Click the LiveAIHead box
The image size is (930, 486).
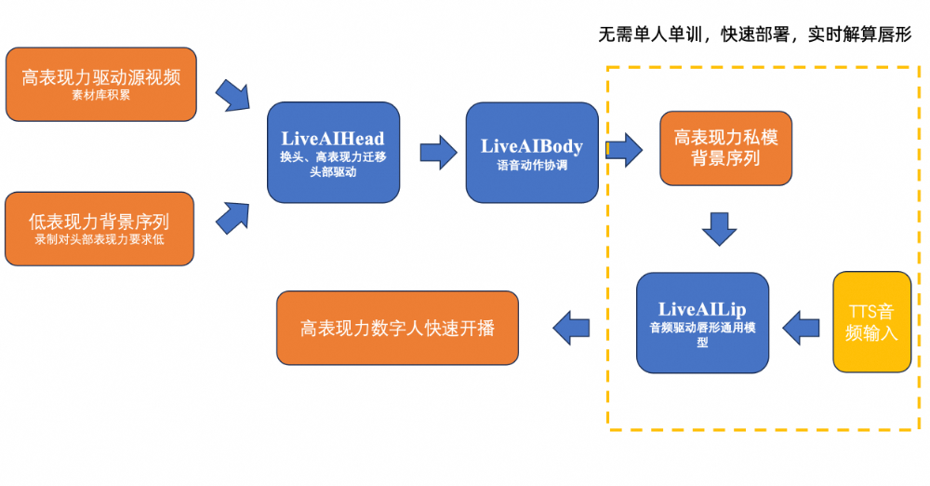pos(333,153)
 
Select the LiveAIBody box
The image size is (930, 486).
pos(531,153)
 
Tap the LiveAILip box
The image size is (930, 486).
pos(702,322)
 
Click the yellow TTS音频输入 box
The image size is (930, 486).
pos(871,322)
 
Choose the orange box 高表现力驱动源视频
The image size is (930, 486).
pos(101,84)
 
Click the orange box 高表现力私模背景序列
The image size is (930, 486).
pos(725,148)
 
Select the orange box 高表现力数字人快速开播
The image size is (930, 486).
pos(397,328)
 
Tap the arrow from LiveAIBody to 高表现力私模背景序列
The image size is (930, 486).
pos(624,149)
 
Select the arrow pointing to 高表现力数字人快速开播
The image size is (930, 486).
pos(572,327)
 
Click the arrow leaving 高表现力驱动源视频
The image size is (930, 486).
pos(232,95)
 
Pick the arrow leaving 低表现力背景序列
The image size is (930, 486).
pos(232,218)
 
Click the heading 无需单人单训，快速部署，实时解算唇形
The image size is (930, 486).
pos(754,35)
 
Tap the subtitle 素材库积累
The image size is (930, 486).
pos(100,95)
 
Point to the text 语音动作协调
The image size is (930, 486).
pos(531,167)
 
